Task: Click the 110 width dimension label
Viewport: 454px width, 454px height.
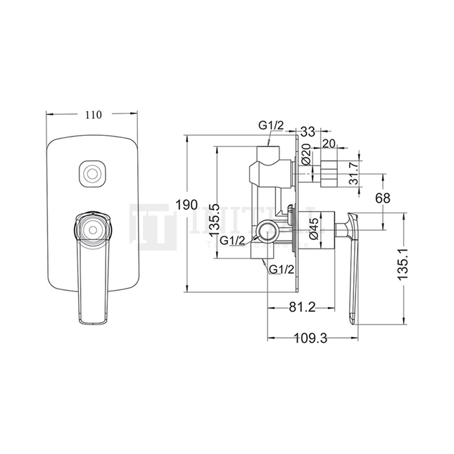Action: pos(94,114)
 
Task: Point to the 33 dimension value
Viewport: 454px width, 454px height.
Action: pos(308,131)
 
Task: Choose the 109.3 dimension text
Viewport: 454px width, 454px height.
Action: pos(310,338)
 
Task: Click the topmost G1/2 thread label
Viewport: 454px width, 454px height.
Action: pos(270,125)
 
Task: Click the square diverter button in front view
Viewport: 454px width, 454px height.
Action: pos(91,172)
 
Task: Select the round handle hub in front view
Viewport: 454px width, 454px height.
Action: pos(91,227)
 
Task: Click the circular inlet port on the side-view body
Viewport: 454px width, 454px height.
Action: pos(267,229)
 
